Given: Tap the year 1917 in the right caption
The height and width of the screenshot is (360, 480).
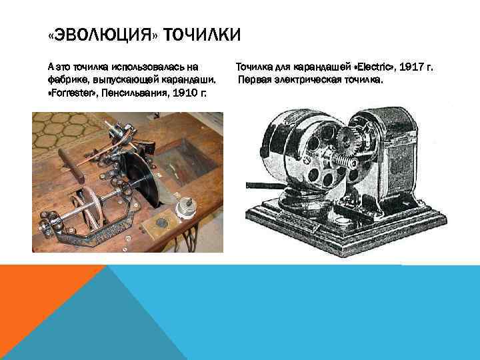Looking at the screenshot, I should [404, 67].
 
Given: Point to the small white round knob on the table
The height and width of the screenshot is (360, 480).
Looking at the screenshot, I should [180, 207].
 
